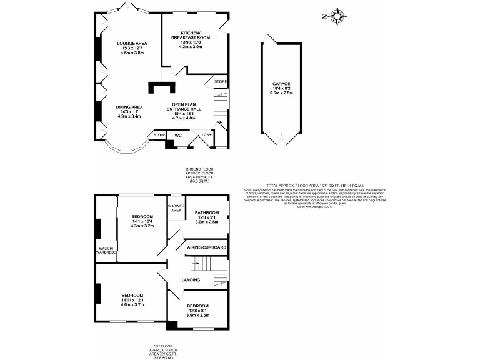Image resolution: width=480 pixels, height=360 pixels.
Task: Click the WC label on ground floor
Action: pyautogui.click(x=177, y=135)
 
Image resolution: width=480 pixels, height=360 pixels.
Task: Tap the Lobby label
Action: pyautogui.click(x=207, y=135)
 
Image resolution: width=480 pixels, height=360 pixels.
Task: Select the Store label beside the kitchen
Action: pyautogui.click(x=221, y=82)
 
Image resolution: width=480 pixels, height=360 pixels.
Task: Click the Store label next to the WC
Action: pyautogui.click(x=159, y=135)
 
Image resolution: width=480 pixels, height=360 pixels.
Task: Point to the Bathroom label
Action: pyautogui.click(x=206, y=212)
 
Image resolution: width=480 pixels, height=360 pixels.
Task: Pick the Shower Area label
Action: pyautogui.click(x=176, y=209)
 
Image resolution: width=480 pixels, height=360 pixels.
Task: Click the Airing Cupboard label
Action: pyautogui.click(x=207, y=248)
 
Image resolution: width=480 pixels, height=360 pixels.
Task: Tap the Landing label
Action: pyautogui.click(x=191, y=280)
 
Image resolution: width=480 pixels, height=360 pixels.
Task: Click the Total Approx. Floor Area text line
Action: pyautogui.click(x=304, y=186)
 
